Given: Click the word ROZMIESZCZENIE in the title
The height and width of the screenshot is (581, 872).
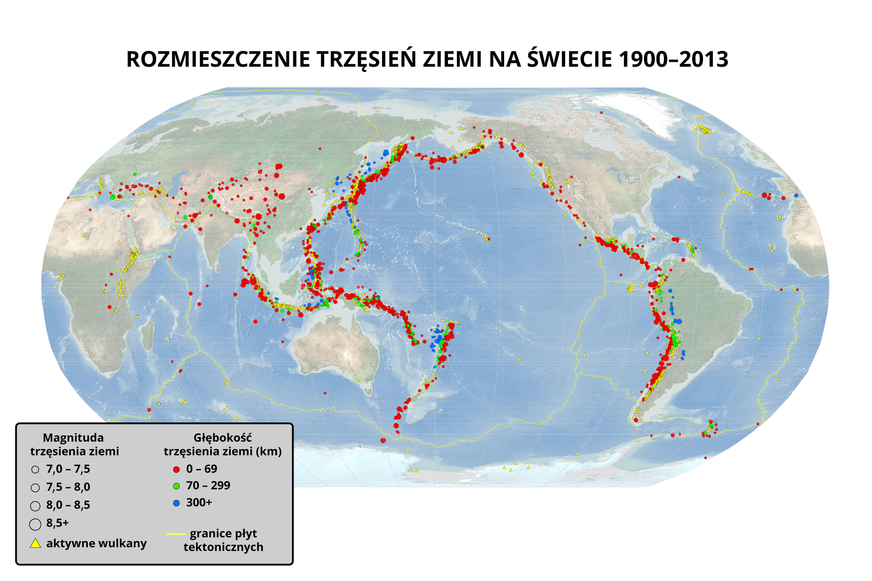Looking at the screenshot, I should click(218, 59).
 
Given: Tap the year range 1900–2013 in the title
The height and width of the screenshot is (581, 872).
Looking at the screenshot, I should click(674, 59).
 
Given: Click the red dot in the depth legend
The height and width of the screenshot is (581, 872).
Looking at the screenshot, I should click(177, 469).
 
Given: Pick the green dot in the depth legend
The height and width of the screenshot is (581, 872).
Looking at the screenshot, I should click(177, 486).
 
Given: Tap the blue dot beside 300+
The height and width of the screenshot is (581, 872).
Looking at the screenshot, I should click(177, 503).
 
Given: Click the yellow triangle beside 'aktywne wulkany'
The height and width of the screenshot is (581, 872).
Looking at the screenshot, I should click(35, 543).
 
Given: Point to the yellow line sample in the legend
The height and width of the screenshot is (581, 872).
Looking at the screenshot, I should click(176, 534).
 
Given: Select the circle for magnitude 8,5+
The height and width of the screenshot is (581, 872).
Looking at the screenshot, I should click(35, 524).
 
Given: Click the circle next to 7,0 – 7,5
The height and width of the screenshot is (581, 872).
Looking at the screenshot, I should click(35, 470).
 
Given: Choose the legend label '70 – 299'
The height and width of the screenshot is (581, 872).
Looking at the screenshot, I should click(208, 486).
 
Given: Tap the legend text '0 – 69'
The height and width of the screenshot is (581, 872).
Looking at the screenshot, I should click(202, 469).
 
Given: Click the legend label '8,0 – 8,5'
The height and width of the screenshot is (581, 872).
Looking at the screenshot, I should click(68, 505).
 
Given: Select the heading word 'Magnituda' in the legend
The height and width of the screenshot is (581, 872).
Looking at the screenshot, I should click(73, 438).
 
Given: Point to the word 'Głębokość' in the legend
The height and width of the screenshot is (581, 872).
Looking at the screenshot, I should click(223, 438).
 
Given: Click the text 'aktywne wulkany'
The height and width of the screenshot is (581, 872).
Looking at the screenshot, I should click(96, 543).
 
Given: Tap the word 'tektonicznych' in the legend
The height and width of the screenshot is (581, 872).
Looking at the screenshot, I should click(223, 547).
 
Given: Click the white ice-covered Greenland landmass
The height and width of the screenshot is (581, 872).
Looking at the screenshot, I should click(636, 109).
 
